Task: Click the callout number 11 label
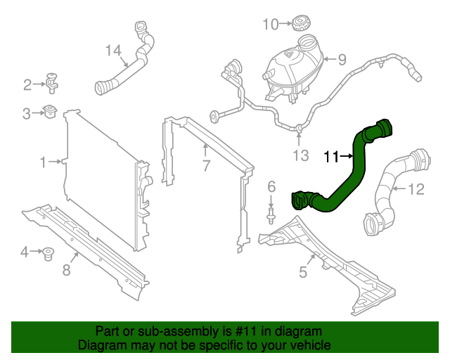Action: pos(331,157)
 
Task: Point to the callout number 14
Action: pos(113,50)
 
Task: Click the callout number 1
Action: pos(44,162)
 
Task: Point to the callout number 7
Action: pos(205,166)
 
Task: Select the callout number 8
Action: pos(67,270)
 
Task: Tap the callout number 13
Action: pos(300,155)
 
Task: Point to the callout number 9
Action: pos(342,60)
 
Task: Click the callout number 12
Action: pos(417,188)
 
